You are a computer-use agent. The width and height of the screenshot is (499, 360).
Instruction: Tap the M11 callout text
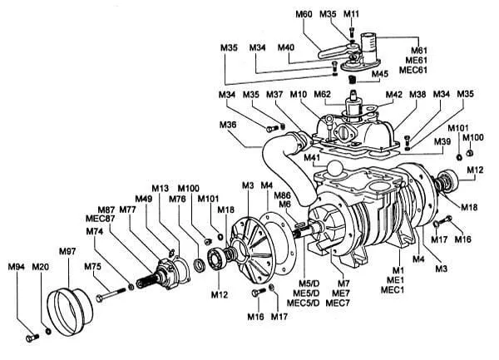tap(352, 14)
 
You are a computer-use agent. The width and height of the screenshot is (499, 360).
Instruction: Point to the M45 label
tap(380, 73)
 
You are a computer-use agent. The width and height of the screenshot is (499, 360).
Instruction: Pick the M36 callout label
tap(229, 125)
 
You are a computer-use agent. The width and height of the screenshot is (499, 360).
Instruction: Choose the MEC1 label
tap(397, 289)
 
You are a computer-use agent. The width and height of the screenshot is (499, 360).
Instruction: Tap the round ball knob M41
tap(335, 169)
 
